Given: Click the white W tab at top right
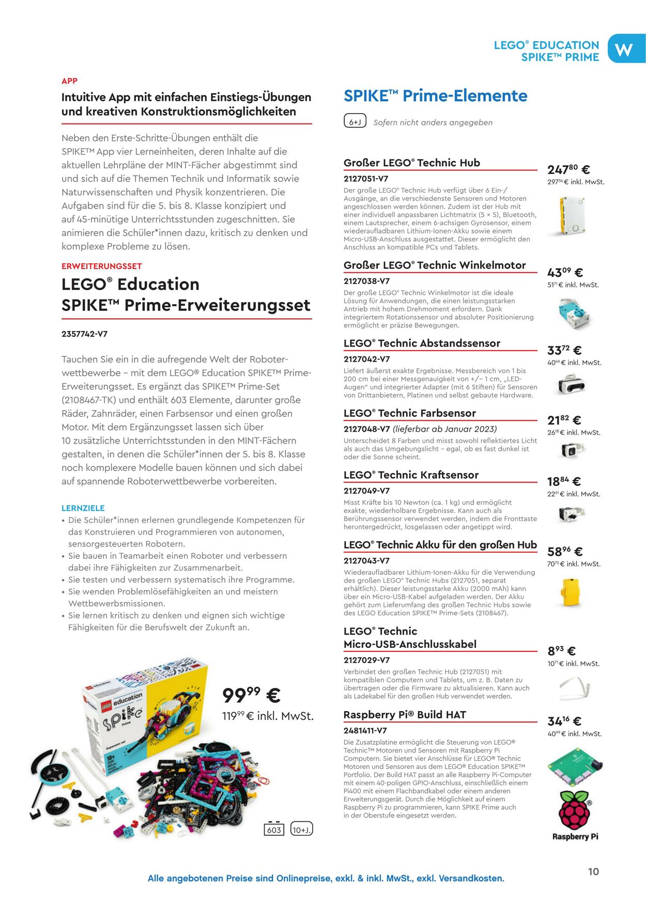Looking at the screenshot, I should point(625,49).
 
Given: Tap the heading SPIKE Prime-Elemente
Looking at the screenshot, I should point(435,96).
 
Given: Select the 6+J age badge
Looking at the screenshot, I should point(355,122).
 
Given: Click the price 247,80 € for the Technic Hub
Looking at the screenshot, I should point(568,169).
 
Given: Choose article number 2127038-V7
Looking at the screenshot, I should point(366,281).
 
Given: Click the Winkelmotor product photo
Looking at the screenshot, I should point(574,313).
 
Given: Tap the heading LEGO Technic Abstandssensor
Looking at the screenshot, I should point(422,343).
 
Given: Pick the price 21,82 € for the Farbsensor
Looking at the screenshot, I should point(564,420).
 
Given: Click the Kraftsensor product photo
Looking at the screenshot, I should point(571,513).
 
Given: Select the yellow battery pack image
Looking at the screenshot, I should point(572,592).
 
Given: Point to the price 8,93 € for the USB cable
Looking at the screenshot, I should point(561,651).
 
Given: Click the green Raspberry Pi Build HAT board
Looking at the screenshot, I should point(575,767).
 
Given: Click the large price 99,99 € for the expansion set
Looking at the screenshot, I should point(251,695).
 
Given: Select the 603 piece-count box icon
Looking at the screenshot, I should point(274,829).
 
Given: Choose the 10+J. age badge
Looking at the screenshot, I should point(301,829).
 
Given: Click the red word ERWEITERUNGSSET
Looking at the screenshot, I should point(101,266).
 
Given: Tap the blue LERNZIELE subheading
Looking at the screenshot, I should point(83,508).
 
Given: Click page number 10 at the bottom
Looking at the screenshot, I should point(593,872).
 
